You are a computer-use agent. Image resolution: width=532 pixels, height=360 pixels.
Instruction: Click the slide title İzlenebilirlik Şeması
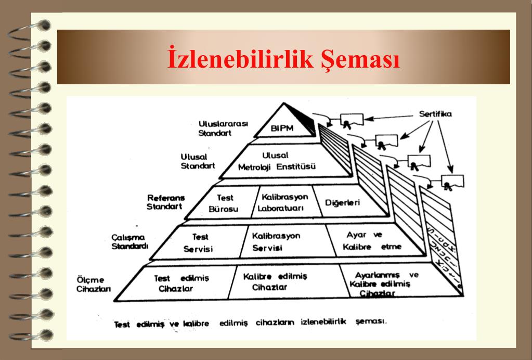coord(283,58)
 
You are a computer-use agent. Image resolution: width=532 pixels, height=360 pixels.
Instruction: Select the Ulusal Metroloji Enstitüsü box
coord(277,161)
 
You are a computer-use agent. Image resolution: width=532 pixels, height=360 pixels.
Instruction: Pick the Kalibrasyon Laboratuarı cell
coord(284,203)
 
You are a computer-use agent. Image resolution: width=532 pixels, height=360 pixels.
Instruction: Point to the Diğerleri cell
coord(342,202)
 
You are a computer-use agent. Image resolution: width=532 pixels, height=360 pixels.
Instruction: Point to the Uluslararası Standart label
coord(216,128)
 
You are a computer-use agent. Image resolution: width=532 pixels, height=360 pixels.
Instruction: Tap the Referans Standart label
coord(165,202)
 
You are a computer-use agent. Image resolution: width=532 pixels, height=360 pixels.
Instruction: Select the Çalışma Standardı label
coord(130,241)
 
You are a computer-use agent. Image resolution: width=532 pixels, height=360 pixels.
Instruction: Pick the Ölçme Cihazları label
coord(93,285)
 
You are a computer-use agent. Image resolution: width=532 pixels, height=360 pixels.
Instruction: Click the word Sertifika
coord(436,114)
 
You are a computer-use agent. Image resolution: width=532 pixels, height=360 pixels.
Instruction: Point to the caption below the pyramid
coord(251,323)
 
